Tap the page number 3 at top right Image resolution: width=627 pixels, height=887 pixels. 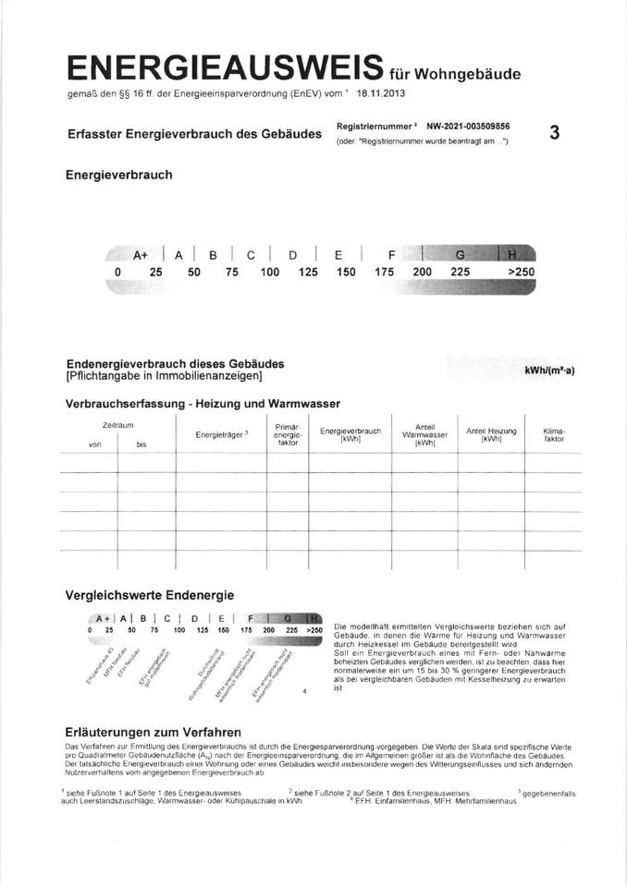[554, 133]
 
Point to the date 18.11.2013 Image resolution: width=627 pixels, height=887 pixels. [380, 93]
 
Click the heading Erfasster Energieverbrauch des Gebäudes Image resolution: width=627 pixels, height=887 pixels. [194, 134]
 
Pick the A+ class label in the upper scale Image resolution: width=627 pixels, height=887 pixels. [141, 254]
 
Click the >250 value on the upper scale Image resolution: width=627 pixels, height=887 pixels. [521, 273]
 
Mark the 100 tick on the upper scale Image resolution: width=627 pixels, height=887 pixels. [270, 273]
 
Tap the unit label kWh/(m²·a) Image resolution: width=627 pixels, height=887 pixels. [549, 371]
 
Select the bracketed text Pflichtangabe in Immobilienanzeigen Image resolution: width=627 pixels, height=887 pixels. [165, 376]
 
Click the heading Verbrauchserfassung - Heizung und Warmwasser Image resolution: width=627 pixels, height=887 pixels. [203, 404]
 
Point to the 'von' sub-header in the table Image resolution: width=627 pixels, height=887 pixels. [94, 444]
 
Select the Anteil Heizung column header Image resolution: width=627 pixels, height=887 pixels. [491, 435]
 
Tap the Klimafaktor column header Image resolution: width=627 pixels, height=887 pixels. [554, 435]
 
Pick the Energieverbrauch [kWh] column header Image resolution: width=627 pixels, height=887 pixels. [350, 435]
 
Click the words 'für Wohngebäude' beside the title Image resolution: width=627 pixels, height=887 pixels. [455, 73]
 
